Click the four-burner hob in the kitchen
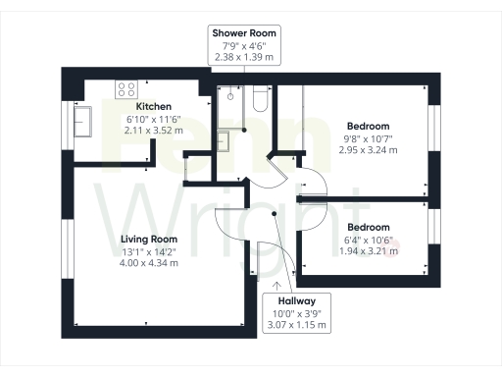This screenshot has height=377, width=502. (125, 88)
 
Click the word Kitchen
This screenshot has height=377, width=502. (154, 106)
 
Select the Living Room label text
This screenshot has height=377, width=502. (148, 239)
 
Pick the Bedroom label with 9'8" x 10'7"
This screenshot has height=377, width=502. (369, 126)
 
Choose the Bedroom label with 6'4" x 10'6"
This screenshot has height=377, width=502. (369, 227)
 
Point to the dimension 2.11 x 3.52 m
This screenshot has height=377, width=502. (154, 130)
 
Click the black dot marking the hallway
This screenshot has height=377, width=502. (276, 212)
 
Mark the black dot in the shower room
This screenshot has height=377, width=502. (244, 129)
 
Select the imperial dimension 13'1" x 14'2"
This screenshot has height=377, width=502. (148, 251)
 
